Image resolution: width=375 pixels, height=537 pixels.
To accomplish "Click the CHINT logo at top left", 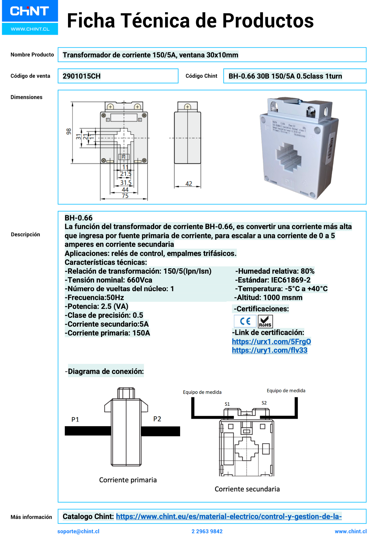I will point(30,11).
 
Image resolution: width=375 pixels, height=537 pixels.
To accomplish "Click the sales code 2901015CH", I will point(81,76).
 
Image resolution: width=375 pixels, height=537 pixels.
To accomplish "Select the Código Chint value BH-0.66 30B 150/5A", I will point(285,76).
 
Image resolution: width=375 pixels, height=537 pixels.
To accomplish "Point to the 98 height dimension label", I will point(69,132).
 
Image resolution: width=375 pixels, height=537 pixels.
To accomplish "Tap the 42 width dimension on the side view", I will point(189,184).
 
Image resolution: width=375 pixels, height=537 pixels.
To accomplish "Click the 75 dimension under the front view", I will point(125,196).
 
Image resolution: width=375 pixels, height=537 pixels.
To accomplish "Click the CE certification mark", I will point(245,321).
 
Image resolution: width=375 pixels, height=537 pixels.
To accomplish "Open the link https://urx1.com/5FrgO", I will point(271,341).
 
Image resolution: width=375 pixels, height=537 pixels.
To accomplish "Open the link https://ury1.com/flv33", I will point(269,350).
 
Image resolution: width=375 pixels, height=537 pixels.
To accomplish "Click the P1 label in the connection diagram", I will point(75,419).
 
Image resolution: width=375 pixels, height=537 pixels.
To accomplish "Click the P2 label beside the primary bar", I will point(157,419).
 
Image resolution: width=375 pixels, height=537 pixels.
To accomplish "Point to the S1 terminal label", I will point(227,404).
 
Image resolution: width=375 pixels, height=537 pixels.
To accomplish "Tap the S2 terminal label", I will point(264,403).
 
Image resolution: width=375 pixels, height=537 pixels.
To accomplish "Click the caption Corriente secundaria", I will point(247,489).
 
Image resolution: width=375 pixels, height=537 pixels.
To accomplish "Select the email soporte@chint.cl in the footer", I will point(78,531).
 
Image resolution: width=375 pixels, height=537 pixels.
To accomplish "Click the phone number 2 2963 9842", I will point(207,531).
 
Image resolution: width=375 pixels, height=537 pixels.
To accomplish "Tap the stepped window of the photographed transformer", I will point(288,157).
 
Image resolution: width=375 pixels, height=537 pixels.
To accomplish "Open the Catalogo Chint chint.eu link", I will point(228,516).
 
